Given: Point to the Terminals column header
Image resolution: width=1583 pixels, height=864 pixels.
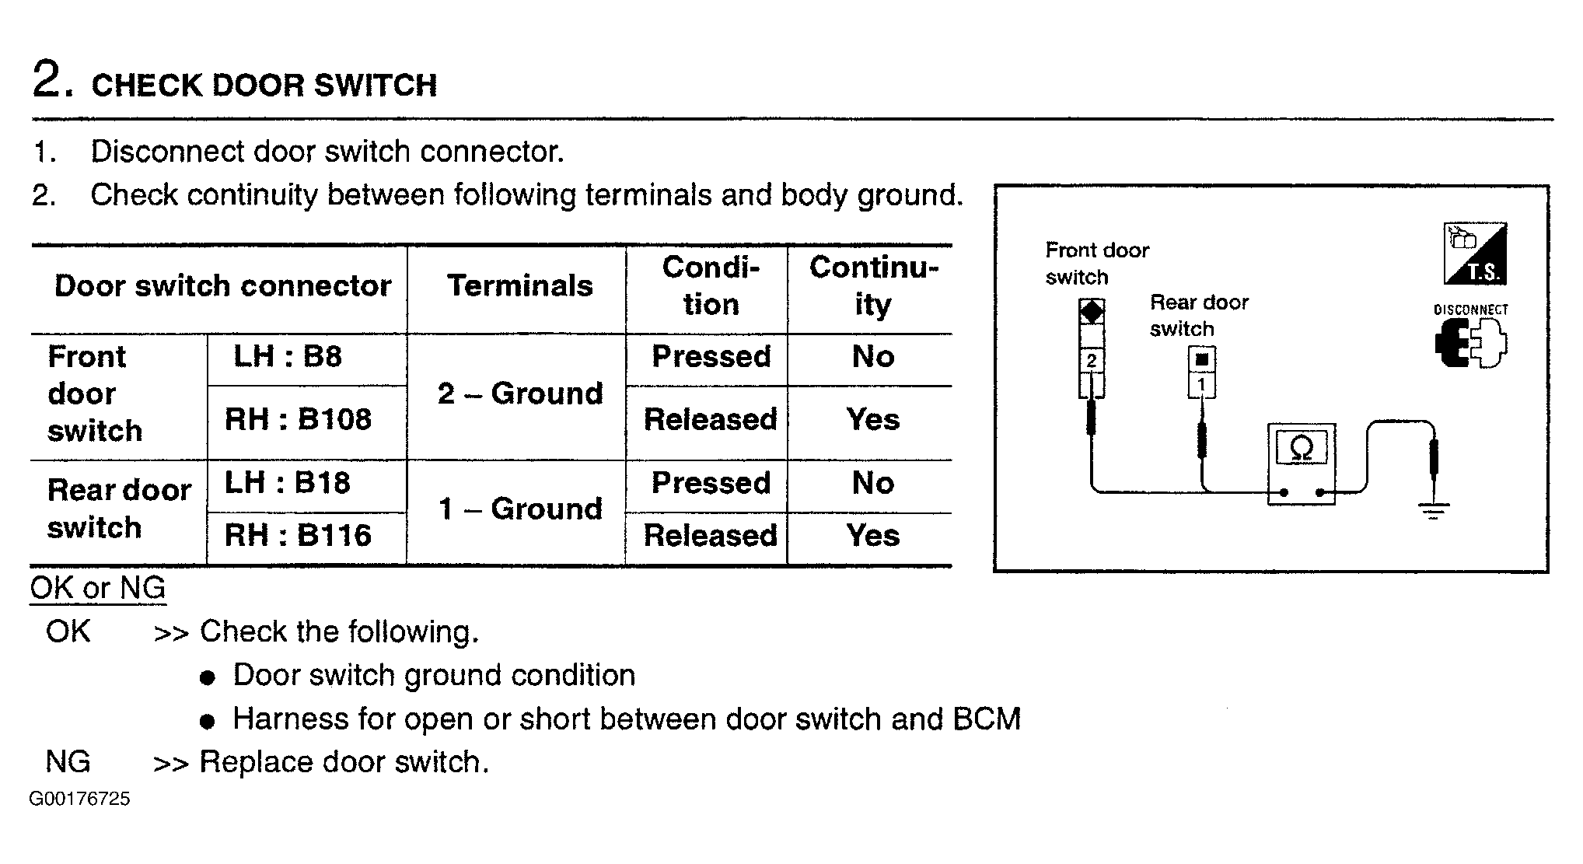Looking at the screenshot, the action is pyautogui.click(x=519, y=285).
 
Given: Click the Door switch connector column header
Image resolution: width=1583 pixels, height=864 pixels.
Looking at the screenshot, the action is pyautogui.click(x=222, y=285).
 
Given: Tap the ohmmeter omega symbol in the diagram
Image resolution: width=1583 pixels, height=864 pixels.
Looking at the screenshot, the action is pyautogui.click(x=1302, y=449).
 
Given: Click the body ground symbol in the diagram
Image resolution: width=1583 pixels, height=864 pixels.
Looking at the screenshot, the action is pyautogui.click(x=1434, y=510).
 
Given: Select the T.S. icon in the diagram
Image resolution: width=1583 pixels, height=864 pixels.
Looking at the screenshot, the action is pyautogui.click(x=1475, y=254).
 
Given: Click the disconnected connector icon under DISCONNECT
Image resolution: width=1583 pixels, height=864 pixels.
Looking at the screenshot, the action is pyautogui.click(x=1470, y=343).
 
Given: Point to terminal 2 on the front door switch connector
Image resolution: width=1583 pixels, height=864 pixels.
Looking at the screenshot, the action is pyautogui.click(x=1092, y=360).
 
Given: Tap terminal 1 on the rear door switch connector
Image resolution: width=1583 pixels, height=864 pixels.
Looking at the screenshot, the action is pyautogui.click(x=1202, y=384).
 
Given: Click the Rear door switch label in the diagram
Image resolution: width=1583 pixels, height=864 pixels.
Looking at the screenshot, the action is pyautogui.click(x=1199, y=315).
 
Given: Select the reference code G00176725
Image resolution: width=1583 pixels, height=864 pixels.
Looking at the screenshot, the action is pyautogui.click(x=79, y=799).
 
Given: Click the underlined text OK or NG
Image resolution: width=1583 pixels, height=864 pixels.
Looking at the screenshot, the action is pyautogui.click(x=98, y=588).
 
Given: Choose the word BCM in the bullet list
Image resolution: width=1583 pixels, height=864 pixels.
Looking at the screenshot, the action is pyautogui.click(x=987, y=719).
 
